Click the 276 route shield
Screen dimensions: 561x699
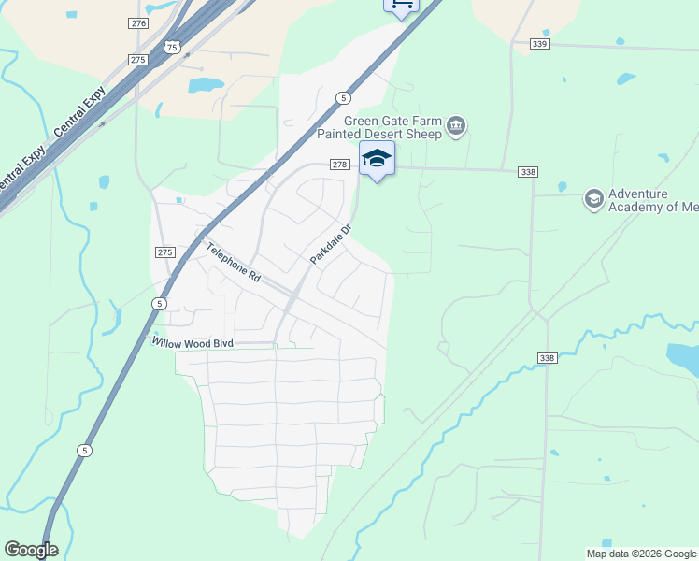click(x=139, y=22)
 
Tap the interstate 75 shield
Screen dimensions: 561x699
click(x=170, y=46)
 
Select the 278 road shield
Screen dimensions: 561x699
click(x=339, y=165)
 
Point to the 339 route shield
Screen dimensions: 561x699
click(x=540, y=43)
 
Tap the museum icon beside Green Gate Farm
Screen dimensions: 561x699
click(x=456, y=126)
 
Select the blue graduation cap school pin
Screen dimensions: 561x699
click(x=377, y=159)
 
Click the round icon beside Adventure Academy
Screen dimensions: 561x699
click(x=592, y=199)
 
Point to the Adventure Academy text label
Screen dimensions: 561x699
click(x=652, y=200)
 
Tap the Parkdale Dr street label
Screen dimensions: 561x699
click(x=331, y=243)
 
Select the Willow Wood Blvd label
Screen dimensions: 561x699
click(x=192, y=343)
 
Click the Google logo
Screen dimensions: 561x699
click(x=31, y=550)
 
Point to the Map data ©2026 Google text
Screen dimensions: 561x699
click(x=641, y=554)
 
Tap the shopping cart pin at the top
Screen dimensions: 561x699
click(x=401, y=5)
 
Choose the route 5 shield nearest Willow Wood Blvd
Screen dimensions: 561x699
click(x=160, y=304)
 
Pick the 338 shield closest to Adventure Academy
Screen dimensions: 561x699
click(x=529, y=172)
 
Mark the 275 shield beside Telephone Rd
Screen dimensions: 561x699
click(x=164, y=252)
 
